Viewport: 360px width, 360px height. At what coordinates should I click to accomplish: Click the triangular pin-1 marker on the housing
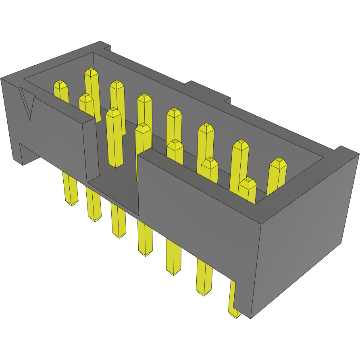point(27,102)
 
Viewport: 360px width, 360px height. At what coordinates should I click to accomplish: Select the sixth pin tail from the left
point(204,278)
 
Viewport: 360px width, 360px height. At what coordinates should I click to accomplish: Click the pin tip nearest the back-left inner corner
point(92,73)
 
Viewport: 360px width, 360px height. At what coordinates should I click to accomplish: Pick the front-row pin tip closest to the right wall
point(248,183)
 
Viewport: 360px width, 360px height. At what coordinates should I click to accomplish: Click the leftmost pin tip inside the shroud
point(60,85)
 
